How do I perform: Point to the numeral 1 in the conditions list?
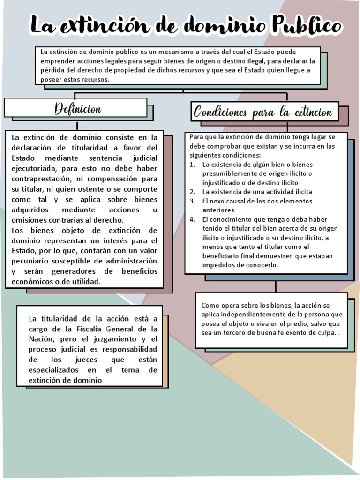pos(192,165)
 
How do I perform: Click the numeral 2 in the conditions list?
pos(192,192)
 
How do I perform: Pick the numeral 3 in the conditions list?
pos(192,201)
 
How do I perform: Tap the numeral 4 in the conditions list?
pos(192,219)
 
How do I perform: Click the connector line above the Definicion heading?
pos(77,94)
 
